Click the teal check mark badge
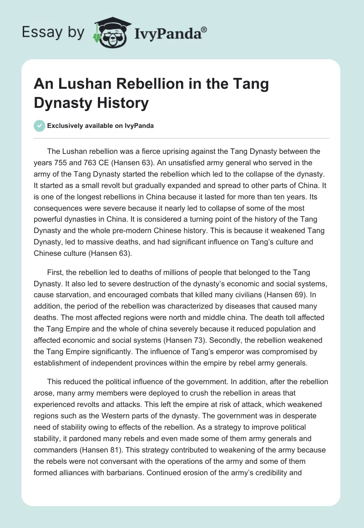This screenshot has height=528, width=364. click(x=40, y=126)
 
